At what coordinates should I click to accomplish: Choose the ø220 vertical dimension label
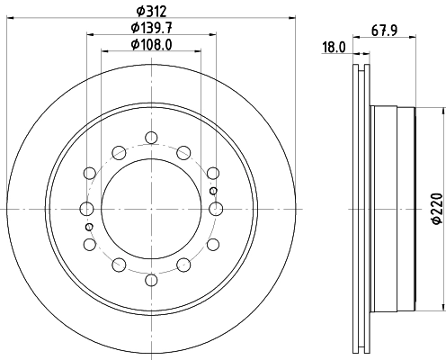(435, 209)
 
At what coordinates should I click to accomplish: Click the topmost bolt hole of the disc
(151, 138)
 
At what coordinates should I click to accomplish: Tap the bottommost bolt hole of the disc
(151, 280)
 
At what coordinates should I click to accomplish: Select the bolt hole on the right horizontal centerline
(215, 209)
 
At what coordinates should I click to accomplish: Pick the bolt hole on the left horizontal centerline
(87, 209)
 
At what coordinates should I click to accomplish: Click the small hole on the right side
(212, 191)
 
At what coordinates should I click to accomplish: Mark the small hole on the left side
(90, 227)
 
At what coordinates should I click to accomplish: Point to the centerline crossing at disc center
(151, 209)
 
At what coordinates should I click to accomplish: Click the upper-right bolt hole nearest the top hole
(183, 150)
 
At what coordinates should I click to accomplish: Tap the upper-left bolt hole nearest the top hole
(119, 150)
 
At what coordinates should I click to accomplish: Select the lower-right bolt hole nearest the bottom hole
(183, 266)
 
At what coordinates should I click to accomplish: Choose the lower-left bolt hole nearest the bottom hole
(119, 266)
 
